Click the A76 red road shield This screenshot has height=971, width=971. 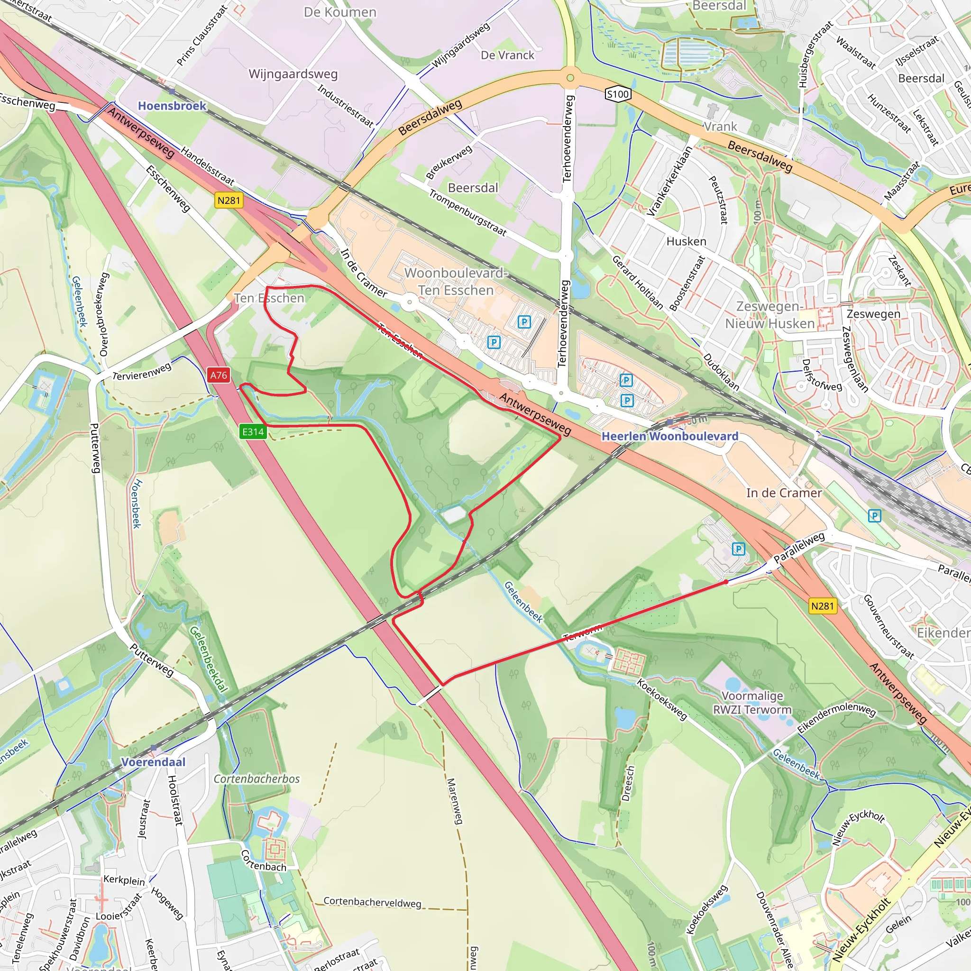pyautogui.click(x=219, y=375)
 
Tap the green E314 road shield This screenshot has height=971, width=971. pyautogui.click(x=253, y=432)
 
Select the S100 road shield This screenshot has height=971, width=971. pyautogui.click(x=618, y=94)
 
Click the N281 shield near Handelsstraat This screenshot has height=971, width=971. pyautogui.click(x=229, y=201)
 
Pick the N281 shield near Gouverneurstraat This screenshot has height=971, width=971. pyautogui.click(x=822, y=606)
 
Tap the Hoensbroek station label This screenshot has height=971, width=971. pyautogui.click(x=172, y=106)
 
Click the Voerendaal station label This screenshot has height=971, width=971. pyautogui.click(x=153, y=762)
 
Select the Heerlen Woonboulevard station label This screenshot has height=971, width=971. pyautogui.click(x=669, y=436)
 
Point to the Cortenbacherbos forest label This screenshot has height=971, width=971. pyautogui.click(x=256, y=779)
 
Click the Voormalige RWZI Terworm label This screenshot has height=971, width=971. pyautogui.click(x=752, y=703)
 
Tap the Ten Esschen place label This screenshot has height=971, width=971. pyautogui.click(x=269, y=298)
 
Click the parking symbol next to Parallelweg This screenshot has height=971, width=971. pyautogui.click(x=738, y=549)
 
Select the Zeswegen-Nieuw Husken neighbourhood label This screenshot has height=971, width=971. pyautogui.click(x=769, y=315)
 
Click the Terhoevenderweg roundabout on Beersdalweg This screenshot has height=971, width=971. pyautogui.click(x=570, y=78)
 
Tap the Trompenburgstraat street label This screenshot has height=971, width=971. pyautogui.click(x=467, y=212)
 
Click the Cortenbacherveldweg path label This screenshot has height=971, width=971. pyautogui.click(x=372, y=902)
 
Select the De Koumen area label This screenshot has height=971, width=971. pyautogui.click(x=340, y=12)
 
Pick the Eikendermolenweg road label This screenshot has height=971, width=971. pyautogui.click(x=836, y=719)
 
